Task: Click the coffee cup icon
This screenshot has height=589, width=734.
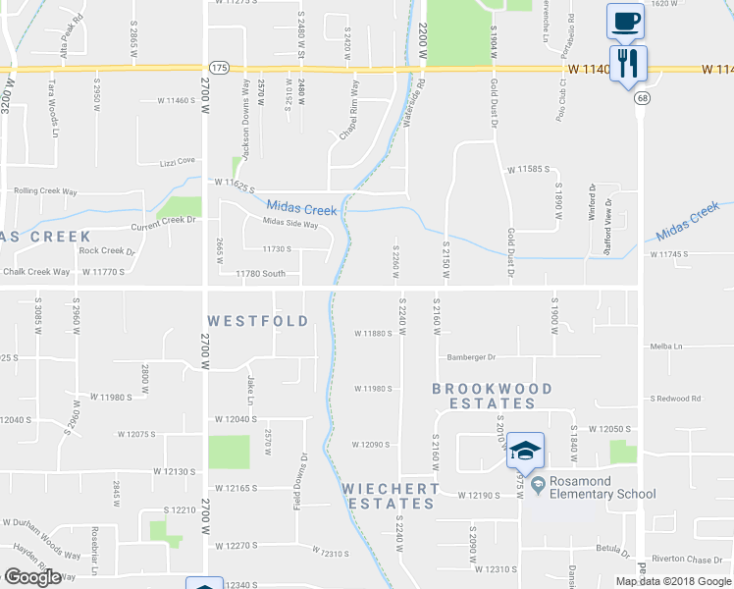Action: tap(624, 20)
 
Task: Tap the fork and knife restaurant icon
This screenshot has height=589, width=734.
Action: tap(627, 64)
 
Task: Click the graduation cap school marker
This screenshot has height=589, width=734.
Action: tap(525, 451)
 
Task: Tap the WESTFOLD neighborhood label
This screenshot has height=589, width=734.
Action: tap(258, 321)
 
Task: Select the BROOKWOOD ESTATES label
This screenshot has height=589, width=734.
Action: tap(492, 396)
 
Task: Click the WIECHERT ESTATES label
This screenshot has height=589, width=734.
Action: tap(390, 496)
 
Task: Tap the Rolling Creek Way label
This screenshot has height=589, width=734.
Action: tap(42, 190)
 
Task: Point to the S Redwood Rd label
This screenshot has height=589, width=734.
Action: tap(675, 399)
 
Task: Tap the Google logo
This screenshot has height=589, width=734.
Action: tap(32, 577)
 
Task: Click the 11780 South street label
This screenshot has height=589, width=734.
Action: tap(260, 274)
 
